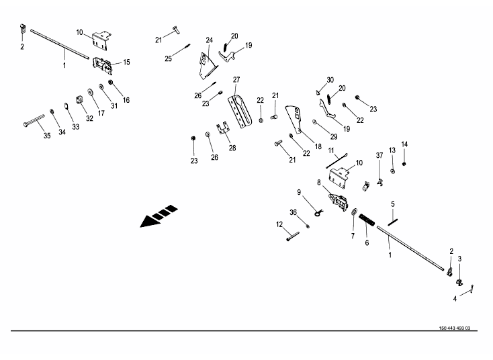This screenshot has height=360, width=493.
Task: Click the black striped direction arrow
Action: [x=158, y=216]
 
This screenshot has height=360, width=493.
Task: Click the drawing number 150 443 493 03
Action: [x=454, y=328]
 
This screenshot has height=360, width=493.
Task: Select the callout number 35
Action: [x=47, y=136]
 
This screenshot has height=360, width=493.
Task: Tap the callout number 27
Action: [x=236, y=80]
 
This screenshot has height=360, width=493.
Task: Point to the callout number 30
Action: [x=330, y=80]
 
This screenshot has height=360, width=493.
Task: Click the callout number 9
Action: [x=299, y=192]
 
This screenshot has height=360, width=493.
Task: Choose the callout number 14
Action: [x=404, y=144]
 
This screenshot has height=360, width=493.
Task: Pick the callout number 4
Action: [x=455, y=299]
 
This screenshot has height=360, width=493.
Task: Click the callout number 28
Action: [x=232, y=148]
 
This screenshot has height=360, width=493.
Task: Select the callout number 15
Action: [x=126, y=62]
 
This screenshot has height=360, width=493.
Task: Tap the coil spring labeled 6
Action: [x=367, y=220]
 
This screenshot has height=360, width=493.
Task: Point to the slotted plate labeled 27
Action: [x=240, y=111]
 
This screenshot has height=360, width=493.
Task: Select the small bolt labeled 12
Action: [x=293, y=236]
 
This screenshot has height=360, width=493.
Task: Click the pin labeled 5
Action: [x=393, y=222]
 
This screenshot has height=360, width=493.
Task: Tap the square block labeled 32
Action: [x=79, y=100]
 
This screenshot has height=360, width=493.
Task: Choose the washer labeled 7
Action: [x=355, y=211]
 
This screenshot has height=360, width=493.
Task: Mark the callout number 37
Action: [x=379, y=156]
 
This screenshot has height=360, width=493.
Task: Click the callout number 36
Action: [x=293, y=213]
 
